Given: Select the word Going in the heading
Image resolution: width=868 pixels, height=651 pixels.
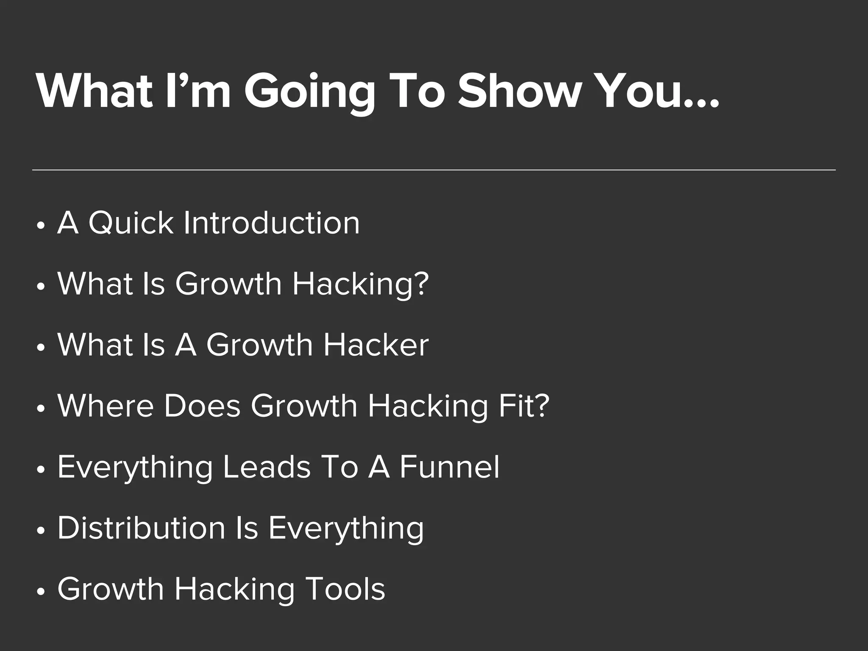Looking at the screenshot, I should point(309,93).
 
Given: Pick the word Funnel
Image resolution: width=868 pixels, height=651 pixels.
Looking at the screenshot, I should point(449,467).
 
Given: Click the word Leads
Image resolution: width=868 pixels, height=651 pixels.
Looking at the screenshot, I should point(267,467).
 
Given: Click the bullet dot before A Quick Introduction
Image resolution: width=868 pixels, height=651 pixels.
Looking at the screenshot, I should point(41,226).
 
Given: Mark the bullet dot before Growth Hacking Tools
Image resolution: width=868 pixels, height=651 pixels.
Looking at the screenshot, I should point(41,592).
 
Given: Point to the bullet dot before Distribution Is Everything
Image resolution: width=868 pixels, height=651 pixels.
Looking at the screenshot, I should point(41,531).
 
